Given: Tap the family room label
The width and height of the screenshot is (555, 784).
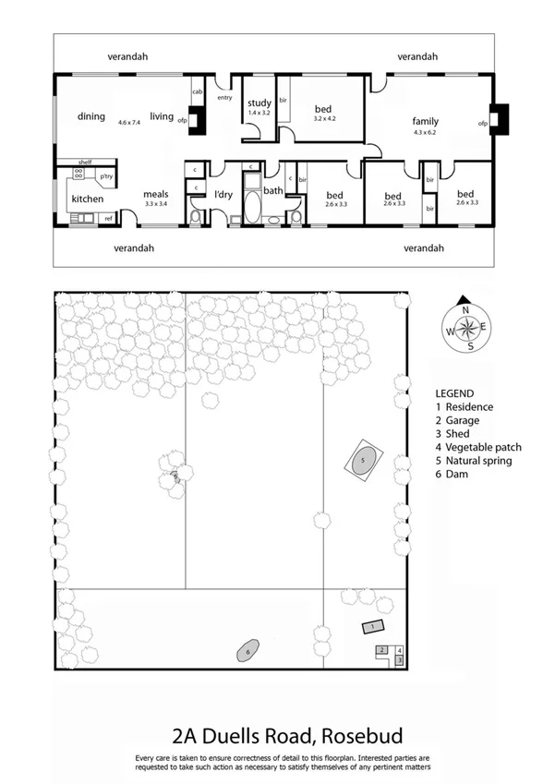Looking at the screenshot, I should tap(425, 121).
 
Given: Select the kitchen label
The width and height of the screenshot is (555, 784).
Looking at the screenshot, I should tap(88, 199).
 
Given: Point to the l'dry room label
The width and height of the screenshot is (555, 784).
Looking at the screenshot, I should tap(223, 194).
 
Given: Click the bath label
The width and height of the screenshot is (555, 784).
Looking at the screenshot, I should tap(272, 191).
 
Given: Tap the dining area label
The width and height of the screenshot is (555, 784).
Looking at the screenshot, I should tap(91, 117).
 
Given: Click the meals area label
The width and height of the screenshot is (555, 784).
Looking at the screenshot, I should tap(155, 194).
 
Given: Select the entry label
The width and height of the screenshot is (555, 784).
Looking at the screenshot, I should tap(224, 97).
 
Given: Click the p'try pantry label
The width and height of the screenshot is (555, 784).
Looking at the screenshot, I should tap(106, 175).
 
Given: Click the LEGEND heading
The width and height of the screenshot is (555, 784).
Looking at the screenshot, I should tap(454, 392).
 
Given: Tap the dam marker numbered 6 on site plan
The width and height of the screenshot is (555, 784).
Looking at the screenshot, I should tap(247, 651).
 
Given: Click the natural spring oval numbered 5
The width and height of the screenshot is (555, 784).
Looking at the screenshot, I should tap(363, 460).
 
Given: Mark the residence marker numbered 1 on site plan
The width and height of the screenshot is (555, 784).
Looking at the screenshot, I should tap(371, 627).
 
